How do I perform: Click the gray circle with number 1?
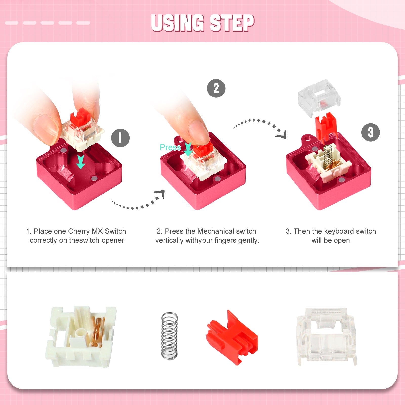pos(120,138)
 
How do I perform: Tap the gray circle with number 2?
pos(216,88)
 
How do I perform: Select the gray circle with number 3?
pos(370,132)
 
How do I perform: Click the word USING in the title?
pos(178,23)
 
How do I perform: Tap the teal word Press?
pos(170,147)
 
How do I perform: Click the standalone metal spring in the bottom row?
pos(169,335)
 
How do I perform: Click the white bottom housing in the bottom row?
pos(80,337)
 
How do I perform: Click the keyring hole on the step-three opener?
pos(307,138)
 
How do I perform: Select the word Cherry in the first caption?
pos(79,231)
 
